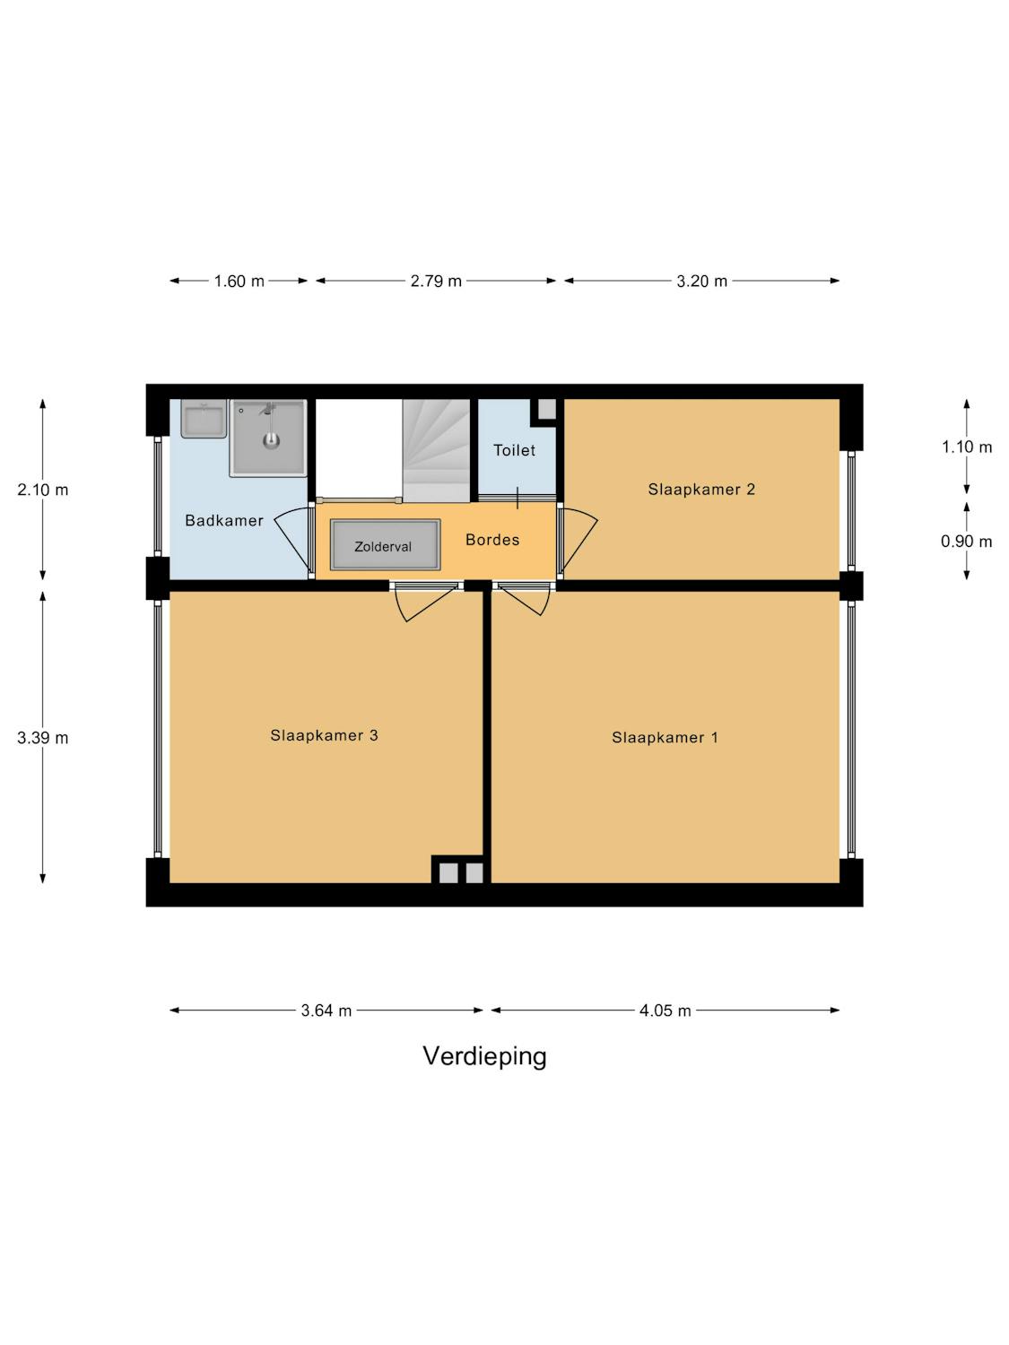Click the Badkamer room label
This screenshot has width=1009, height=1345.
pyautogui.click(x=223, y=520)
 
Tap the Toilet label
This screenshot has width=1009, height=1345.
pyautogui.click(x=514, y=450)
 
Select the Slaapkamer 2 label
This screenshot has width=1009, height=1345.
pyautogui.click(x=701, y=489)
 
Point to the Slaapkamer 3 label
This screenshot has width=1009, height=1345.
pyautogui.click(x=324, y=735)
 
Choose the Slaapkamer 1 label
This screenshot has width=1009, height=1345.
pyautogui.click(x=665, y=737)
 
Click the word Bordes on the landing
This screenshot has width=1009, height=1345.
pyautogui.click(x=492, y=540)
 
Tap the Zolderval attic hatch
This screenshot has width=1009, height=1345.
pyautogui.click(x=386, y=545)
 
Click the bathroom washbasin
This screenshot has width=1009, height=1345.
pyautogui.click(x=204, y=419)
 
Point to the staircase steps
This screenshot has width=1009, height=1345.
pyautogui.click(x=436, y=450)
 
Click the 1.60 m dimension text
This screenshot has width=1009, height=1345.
pyautogui.click(x=239, y=282)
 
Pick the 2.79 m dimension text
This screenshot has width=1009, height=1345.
pyautogui.click(x=436, y=282)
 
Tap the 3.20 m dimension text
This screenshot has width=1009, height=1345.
pyautogui.click(x=701, y=282)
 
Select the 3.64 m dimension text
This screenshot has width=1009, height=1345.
pyautogui.click(x=326, y=1011)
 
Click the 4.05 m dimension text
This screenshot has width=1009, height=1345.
pyautogui.click(x=665, y=1011)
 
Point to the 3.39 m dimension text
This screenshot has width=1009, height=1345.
pyautogui.click(x=43, y=738)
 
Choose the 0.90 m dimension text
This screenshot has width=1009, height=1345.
pyautogui.click(x=966, y=542)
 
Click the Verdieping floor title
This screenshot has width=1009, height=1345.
pyautogui.click(x=484, y=1056)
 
